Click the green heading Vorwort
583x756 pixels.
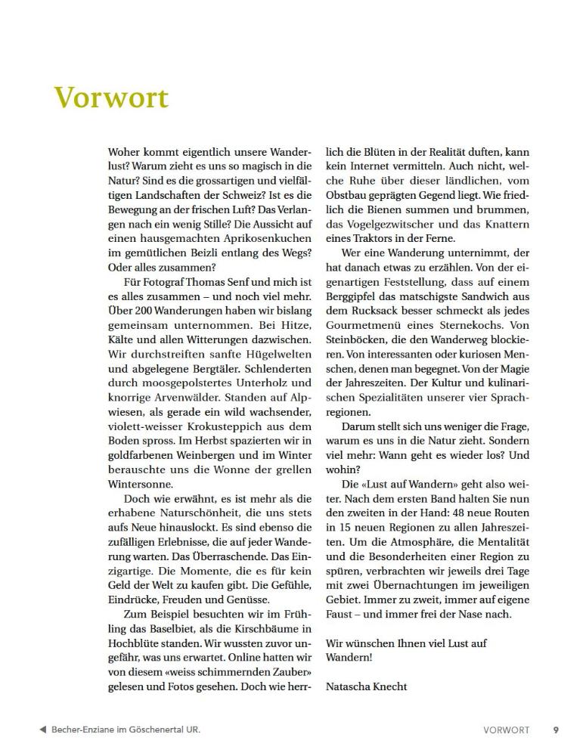pyautogui.click(x=111, y=98)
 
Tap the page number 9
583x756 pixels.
pyautogui.click(x=556, y=730)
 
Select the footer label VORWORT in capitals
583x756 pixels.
pyautogui.click(x=506, y=730)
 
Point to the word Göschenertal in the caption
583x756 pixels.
pyautogui.click(x=157, y=730)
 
